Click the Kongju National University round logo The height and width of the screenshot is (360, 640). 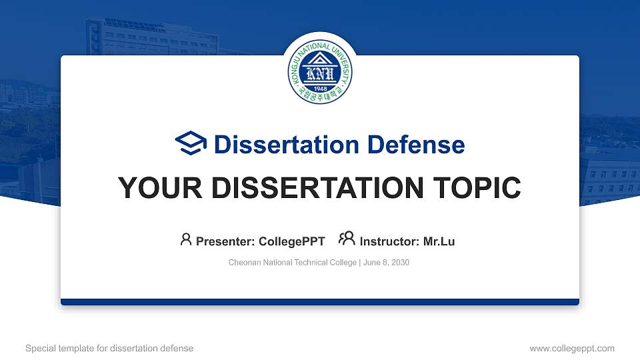pos(319,73)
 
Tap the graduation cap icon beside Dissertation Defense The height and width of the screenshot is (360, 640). pos(191,144)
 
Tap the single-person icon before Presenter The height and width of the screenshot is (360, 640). pos(186,240)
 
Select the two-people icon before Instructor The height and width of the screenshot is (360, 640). pos(347,239)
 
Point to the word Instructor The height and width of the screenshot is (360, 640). pos(389,241)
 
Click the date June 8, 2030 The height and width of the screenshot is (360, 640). pos(387,263)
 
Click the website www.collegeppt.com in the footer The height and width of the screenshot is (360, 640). pos(571,348)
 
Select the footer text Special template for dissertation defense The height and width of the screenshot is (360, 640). pos(109,348)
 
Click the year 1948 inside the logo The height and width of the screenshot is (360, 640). pos(319,89)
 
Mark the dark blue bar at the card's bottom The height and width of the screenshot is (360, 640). pos(320,302)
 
